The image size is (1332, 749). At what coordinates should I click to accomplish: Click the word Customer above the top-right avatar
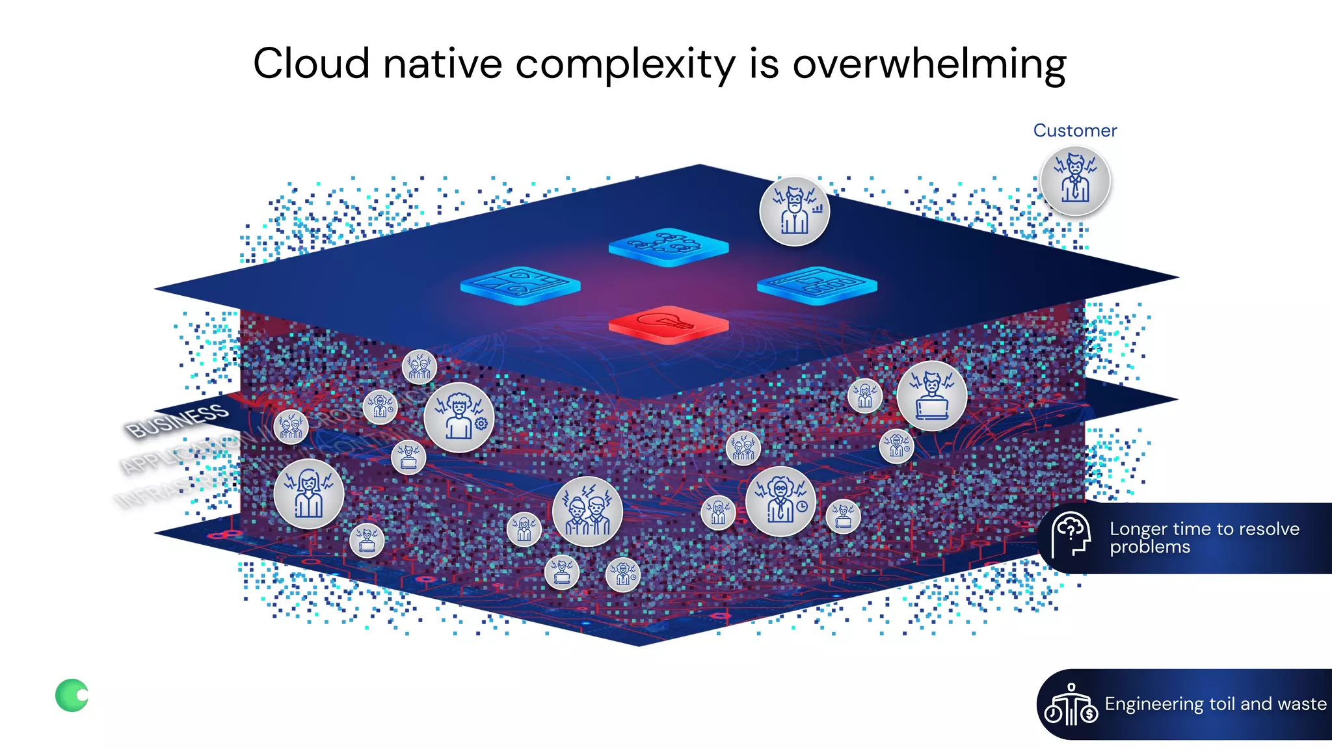[1074, 131]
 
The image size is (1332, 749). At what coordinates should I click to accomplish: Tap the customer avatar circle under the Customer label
[1075, 181]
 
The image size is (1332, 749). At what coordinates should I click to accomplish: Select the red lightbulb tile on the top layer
[668, 324]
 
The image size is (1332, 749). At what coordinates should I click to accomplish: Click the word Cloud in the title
[311, 64]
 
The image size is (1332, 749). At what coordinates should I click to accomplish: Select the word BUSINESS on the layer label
[177, 420]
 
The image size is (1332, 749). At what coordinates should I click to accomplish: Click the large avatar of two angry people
[587, 511]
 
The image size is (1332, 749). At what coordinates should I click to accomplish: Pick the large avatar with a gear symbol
[459, 417]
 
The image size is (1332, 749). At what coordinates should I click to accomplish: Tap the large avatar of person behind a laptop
[931, 396]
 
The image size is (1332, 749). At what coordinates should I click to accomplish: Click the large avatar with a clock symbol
[780, 501]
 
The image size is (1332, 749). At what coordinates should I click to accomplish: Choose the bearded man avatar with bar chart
[794, 211]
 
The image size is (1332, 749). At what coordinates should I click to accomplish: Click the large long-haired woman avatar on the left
[308, 493]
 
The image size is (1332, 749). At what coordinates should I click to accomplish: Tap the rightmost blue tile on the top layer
[817, 285]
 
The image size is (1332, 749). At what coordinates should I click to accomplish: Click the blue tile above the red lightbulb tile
[668, 246]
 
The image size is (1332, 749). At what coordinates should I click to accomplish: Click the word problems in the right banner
[1149, 547]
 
